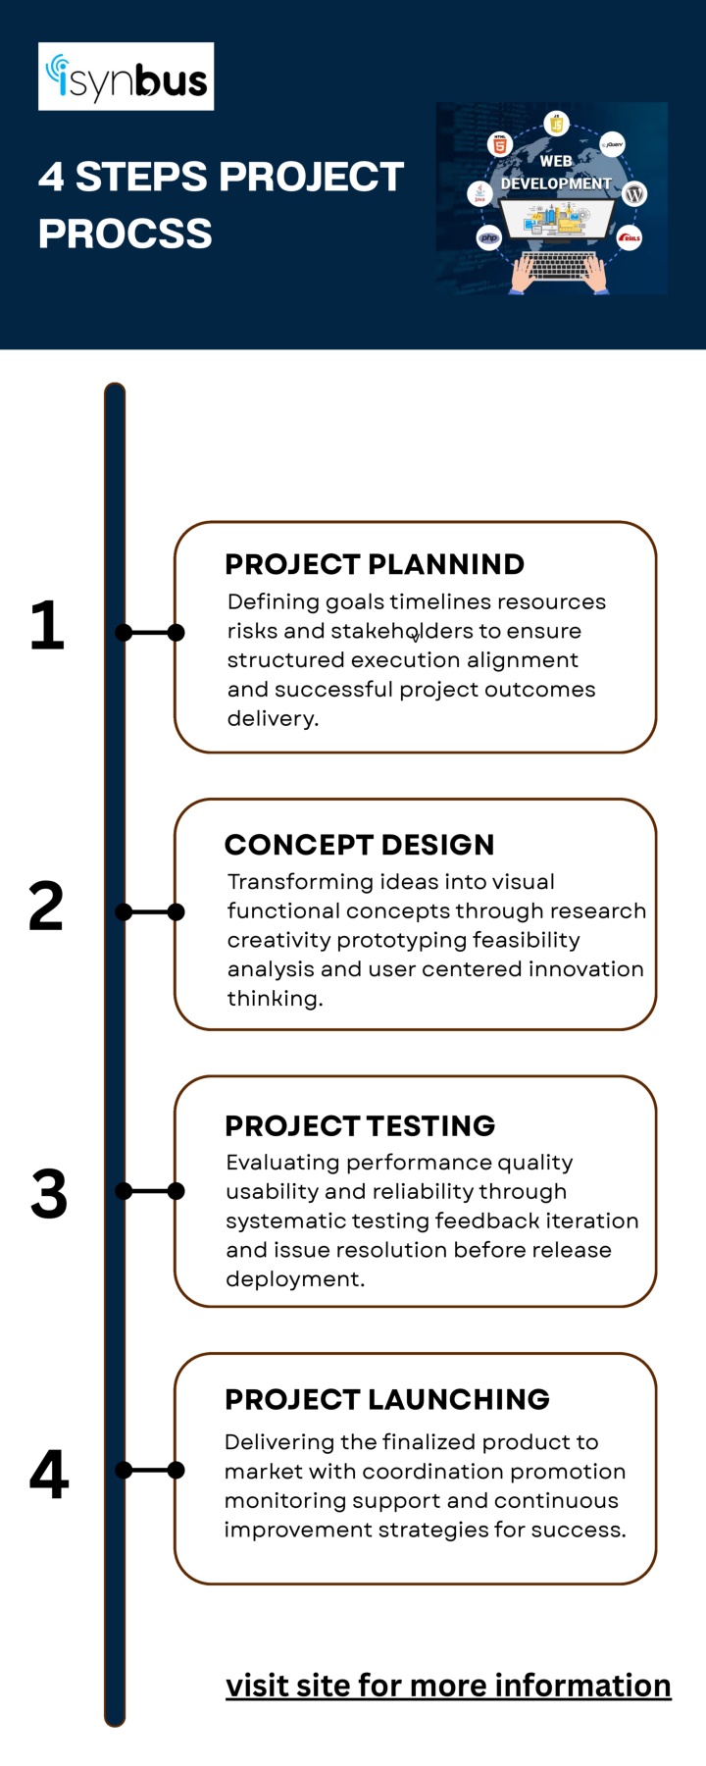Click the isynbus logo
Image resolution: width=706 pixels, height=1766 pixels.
click(126, 77)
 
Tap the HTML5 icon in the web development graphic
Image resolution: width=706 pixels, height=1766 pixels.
click(500, 145)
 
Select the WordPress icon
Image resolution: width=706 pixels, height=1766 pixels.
click(634, 193)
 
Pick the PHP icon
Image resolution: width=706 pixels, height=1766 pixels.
click(488, 236)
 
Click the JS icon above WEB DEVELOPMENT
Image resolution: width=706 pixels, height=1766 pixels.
click(556, 124)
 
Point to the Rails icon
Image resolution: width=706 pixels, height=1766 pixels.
click(630, 237)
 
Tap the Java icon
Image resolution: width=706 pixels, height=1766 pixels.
click(479, 193)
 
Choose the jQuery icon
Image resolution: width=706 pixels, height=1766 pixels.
click(613, 144)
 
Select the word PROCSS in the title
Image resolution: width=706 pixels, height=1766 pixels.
click(126, 234)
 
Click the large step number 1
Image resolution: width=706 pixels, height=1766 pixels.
click(47, 625)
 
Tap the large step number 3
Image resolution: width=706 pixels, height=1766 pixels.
click(49, 1194)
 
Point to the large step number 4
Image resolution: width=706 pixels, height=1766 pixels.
click(49, 1474)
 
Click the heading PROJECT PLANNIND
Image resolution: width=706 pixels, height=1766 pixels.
click(375, 564)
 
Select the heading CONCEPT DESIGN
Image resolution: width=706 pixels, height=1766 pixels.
click(360, 845)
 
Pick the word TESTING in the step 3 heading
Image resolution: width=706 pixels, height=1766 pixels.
click(429, 1125)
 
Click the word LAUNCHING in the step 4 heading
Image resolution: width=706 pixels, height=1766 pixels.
click(457, 1399)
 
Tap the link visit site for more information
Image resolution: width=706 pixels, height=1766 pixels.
click(448, 1685)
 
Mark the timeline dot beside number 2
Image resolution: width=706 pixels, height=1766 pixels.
click(124, 912)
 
